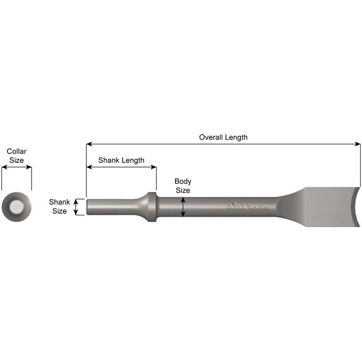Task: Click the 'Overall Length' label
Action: (x=223, y=138)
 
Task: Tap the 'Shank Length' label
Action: (x=121, y=160)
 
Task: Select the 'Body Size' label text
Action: (x=183, y=186)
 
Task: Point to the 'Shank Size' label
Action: (x=60, y=206)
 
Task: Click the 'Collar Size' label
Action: (x=16, y=156)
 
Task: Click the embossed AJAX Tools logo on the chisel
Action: (x=248, y=206)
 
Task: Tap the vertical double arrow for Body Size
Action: (x=183, y=207)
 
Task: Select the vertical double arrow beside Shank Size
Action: (x=76, y=207)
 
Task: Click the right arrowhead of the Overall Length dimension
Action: (x=358, y=144)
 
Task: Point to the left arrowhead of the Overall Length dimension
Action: (x=89, y=144)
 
